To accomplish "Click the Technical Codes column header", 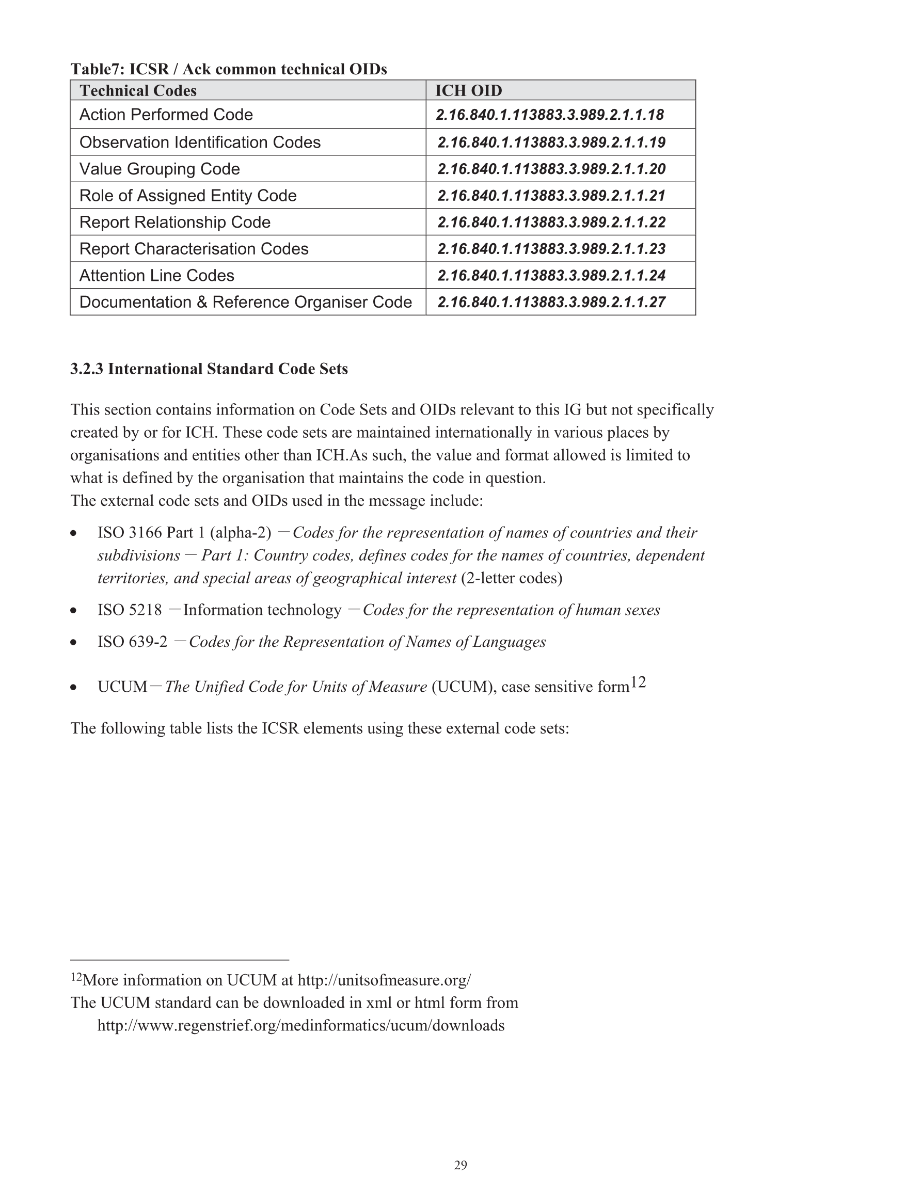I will pos(138,91).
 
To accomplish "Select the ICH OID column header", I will pos(468,91).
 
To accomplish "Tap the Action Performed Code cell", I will pos(166,115).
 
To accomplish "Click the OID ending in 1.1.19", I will pos(551,142).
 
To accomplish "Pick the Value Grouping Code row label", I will pos(160,169).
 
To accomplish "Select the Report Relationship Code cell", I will pos(174,222).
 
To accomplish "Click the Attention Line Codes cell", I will pos(157,276).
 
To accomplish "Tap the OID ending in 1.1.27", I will pos(551,303).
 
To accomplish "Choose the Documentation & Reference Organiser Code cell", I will pos(246,303).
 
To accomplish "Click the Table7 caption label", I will pos(98,69).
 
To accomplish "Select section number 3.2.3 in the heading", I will pos(87,369).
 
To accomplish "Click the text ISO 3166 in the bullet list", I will pos(130,533).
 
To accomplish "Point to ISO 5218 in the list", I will pos(130,610).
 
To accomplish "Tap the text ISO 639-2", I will pos(133,642).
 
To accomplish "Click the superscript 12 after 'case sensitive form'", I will pos(638,682).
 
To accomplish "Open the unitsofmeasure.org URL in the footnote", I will pos(384,980).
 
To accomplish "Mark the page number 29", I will pos(460,1165).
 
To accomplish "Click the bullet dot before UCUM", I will pos(73,688).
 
